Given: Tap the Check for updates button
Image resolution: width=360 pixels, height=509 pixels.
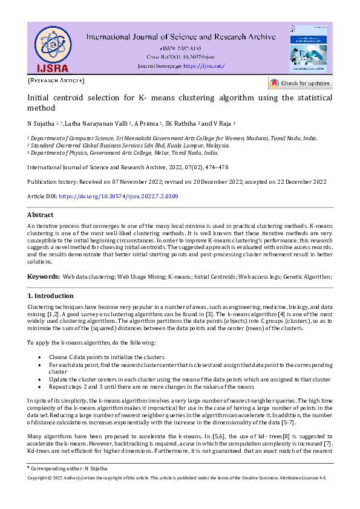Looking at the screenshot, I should pos(300,83).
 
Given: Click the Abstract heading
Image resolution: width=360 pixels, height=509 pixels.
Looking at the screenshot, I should pos(41,215).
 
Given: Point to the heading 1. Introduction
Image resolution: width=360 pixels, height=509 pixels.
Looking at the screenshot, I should pos(51,296).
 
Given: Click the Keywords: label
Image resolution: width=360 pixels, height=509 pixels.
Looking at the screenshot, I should pos(42,276).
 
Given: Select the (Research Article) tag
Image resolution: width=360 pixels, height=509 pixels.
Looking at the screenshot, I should pos(56,80).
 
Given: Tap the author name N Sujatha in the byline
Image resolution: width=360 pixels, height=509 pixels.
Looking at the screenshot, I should pos(41,123).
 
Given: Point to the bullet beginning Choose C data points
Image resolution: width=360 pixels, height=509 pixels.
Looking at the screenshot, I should pos(106,357).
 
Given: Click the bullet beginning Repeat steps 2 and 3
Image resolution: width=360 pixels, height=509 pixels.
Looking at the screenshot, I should pos(151,386).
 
